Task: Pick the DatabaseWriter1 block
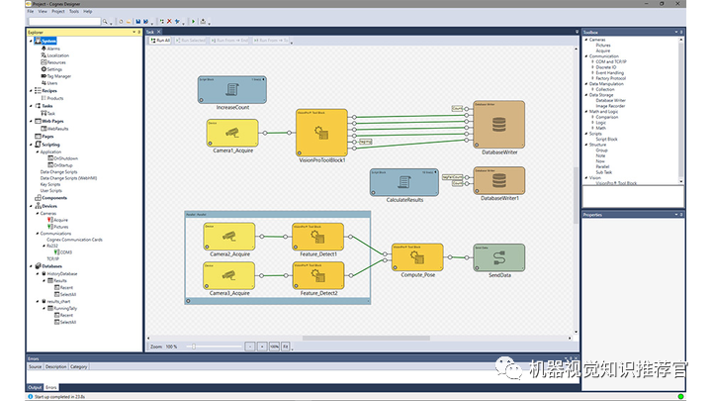pyautogui.click(x=499, y=181)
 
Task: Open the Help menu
pyautogui.click(x=88, y=11)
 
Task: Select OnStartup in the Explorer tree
pyautogui.click(x=65, y=164)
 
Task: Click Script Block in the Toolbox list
pyautogui.click(x=606, y=139)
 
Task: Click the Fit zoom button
pyautogui.click(x=285, y=347)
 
